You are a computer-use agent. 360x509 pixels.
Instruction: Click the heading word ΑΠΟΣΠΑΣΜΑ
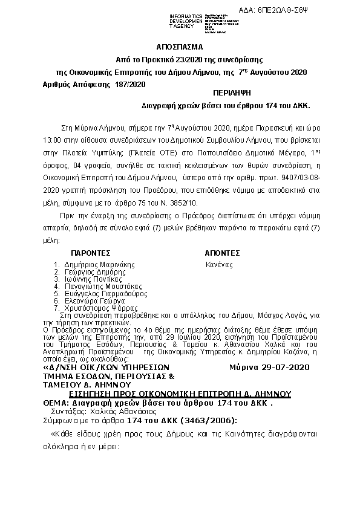[x=180, y=47]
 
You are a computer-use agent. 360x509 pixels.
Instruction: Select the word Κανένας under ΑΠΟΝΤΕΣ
[x=219, y=264]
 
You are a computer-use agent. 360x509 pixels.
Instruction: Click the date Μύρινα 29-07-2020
[x=270, y=367]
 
